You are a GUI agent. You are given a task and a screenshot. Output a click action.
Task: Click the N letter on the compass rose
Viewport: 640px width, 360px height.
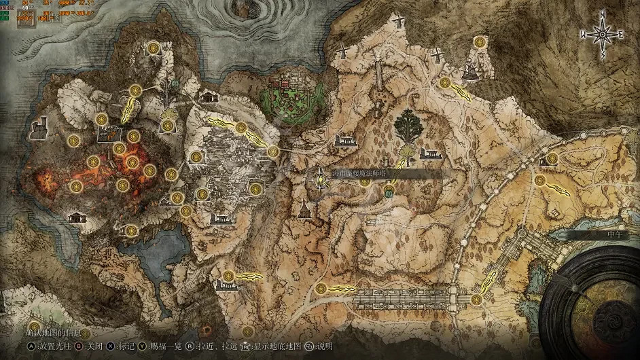(603, 14)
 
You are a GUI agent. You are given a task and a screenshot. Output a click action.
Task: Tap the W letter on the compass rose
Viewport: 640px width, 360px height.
(583, 33)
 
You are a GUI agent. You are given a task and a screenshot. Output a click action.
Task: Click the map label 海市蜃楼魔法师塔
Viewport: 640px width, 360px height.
(364, 174)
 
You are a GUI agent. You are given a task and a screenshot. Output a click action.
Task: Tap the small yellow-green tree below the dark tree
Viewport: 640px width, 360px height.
(408, 151)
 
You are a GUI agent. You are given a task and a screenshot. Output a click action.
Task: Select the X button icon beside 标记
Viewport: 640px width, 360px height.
(111, 345)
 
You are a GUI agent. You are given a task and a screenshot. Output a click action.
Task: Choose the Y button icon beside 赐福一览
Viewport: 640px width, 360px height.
(143, 345)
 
